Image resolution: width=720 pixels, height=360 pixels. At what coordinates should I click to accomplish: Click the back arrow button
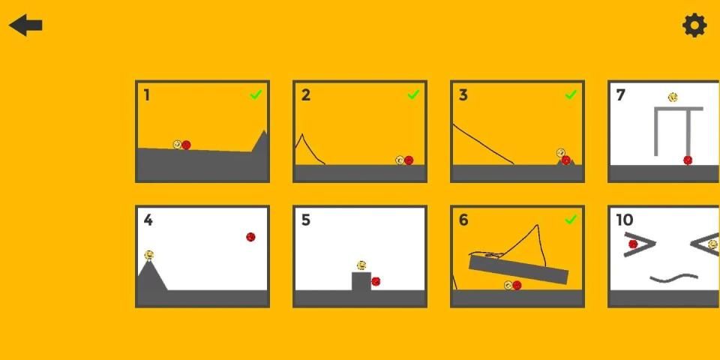click(25, 25)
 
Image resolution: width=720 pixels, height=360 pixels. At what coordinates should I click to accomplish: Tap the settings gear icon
click(694, 25)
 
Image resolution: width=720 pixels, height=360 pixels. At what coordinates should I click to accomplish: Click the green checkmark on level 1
click(256, 94)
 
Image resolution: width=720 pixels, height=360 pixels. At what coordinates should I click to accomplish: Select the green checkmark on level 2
click(413, 94)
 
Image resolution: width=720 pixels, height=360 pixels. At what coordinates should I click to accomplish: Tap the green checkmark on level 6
click(571, 220)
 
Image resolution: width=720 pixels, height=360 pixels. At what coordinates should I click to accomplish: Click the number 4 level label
click(148, 220)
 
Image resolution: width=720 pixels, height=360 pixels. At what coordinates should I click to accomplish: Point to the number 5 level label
click(306, 220)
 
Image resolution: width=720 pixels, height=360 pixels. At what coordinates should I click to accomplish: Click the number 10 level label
click(625, 220)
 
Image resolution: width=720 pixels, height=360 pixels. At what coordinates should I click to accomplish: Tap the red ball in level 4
click(250, 237)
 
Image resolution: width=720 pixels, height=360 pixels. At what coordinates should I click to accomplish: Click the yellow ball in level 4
click(148, 255)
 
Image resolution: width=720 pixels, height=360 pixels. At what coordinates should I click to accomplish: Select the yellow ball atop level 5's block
click(361, 265)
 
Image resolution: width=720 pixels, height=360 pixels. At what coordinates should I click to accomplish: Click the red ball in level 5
click(376, 281)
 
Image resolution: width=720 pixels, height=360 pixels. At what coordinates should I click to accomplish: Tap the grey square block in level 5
click(361, 281)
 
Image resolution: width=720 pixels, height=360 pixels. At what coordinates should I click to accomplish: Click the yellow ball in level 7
click(673, 97)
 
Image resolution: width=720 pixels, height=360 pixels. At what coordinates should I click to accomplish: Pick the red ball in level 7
click(688, 160)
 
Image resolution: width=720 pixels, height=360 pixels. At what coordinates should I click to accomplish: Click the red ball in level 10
click(633, 244)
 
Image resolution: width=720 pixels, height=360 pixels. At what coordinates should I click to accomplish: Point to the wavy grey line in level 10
click(674, 278)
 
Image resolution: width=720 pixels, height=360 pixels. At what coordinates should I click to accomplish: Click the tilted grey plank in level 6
click(518, 269)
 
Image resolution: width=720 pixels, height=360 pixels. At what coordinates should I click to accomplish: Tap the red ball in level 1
click(186, 145)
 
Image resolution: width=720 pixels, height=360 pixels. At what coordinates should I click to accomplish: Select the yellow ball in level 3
click(561, 153)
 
